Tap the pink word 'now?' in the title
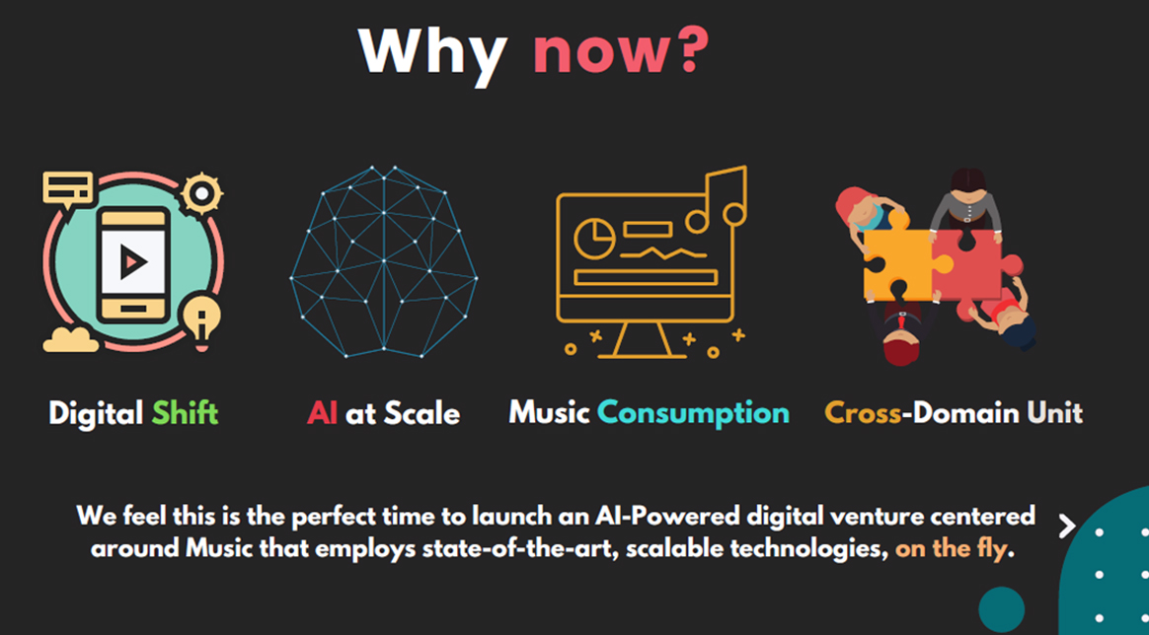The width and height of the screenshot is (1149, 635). [x=621, y=51]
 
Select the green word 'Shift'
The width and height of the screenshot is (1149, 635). [x=185, y=413]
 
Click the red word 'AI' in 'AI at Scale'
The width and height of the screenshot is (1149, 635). [x=322, y=414]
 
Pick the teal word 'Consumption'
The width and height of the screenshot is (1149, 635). [x=693, y=414]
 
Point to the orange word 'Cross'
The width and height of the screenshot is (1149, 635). [x=863, y=413]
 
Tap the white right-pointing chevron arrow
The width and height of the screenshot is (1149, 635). [x=1067, y=526]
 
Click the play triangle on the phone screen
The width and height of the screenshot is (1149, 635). [x=132, y=261]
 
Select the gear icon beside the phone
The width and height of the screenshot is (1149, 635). [x=201, y=194]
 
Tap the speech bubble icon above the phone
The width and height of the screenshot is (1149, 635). [x=68, y=189]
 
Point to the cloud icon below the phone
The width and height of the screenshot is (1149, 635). [x=70, y=339]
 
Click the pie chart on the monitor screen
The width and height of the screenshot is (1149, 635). [x=594, y=240]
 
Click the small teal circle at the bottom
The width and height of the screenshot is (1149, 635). [x=1001, y=609]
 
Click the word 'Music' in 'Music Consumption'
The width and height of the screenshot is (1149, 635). [x=550, y=413]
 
